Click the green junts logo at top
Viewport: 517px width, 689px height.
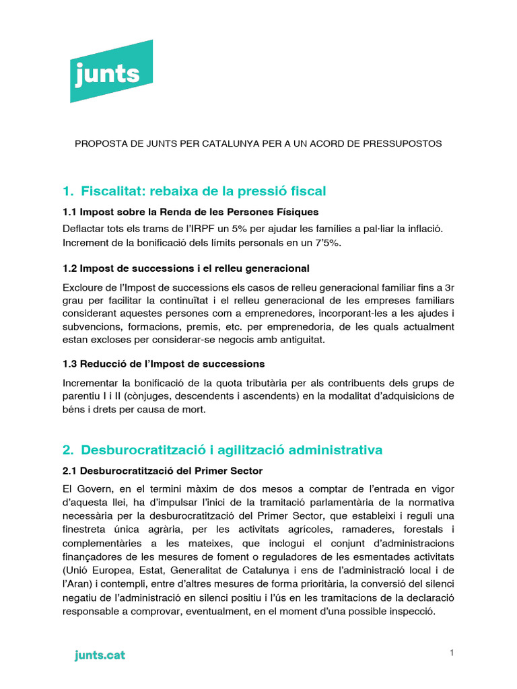pos(111,71)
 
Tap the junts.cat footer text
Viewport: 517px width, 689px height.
pos(100,655)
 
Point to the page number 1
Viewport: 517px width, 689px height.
pos(452,653)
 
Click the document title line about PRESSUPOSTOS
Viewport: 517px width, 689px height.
pos(258,144)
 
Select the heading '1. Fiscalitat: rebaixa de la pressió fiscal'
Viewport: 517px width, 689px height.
pos(194,191)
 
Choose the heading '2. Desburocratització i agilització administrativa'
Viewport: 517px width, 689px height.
pos(222,449)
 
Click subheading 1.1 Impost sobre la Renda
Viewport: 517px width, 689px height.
pos(191,212)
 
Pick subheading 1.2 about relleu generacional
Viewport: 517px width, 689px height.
pos(186,268)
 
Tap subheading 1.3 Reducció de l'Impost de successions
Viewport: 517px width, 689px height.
pos(164,363)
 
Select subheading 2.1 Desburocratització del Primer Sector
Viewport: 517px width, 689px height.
pos(162,470)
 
